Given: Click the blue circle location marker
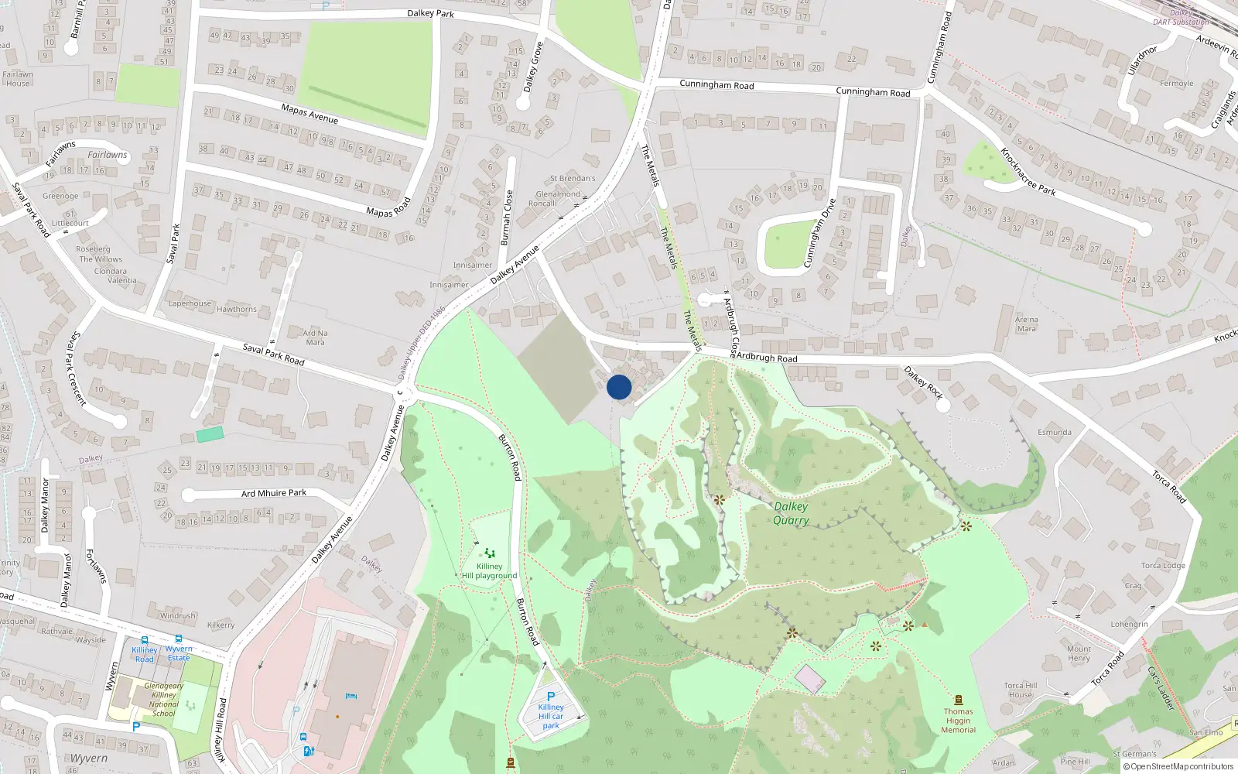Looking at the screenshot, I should pos(619,387).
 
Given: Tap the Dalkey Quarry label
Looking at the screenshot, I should pos(791,513).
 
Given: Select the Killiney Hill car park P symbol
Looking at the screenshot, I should pos(551,696).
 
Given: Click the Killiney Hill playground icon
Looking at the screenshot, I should pos(489,553).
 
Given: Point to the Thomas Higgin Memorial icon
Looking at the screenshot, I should pos(959,700).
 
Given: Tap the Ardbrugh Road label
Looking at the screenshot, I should pos(766,358).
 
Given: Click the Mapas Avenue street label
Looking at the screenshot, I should pos(309,113).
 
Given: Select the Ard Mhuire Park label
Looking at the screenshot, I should pos(274,493).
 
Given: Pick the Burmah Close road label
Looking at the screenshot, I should pos(507,217).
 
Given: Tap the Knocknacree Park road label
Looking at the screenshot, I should pos(1028,172).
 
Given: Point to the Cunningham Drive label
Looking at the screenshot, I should pos(819,233).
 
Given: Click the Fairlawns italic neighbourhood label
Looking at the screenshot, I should pos(107,155).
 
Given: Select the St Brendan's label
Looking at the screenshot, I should pos(573,179).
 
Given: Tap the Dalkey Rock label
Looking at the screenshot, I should pos(924,382).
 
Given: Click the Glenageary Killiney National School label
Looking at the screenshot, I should pos(164,700).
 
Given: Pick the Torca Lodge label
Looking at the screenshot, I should pos(1163,565).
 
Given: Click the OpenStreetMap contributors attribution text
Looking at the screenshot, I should pos(1178,766).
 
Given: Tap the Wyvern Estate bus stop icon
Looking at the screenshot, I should pos(179,639).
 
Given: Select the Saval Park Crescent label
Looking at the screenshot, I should pos(77,369).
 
